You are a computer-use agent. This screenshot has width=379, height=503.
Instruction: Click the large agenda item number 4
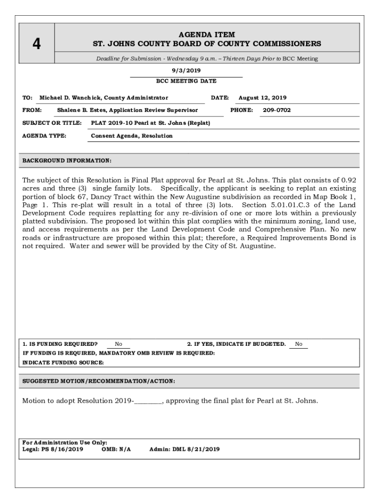click(36, 44)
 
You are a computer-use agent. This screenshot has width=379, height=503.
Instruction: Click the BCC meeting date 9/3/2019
click(186, 71)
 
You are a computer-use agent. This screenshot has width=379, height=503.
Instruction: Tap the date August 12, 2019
click(262, 98)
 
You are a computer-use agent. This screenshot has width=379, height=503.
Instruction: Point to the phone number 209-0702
click(277, 111)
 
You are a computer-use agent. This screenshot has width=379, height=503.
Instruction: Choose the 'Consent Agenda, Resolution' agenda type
click(132, 136)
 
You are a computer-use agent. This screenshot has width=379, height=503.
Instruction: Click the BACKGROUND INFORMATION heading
click(67, 161)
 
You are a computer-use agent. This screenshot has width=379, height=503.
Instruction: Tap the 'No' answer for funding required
click(119, 344)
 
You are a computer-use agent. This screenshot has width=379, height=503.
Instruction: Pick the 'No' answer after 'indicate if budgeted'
click(299, 344)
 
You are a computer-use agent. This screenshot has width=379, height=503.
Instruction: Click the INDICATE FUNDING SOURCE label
click(63, 363)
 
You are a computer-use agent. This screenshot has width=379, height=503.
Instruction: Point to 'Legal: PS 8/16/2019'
click(53, 449)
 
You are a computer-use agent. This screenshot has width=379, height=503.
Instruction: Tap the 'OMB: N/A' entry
click(116, 449)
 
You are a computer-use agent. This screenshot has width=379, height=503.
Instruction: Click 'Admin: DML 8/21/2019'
click(185, 449)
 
